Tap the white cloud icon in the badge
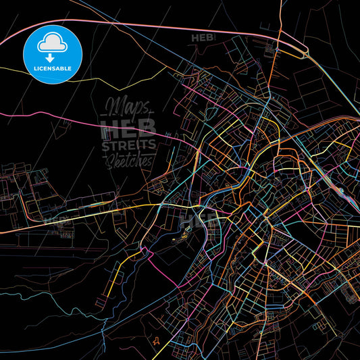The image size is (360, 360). (53, 44)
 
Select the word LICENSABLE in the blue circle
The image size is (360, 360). (53, 68)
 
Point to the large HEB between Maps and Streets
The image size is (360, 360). (128, 126)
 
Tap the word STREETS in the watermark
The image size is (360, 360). (128, 145)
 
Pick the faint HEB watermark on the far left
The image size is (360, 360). (54, 220)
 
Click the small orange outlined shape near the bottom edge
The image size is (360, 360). (157, 341)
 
